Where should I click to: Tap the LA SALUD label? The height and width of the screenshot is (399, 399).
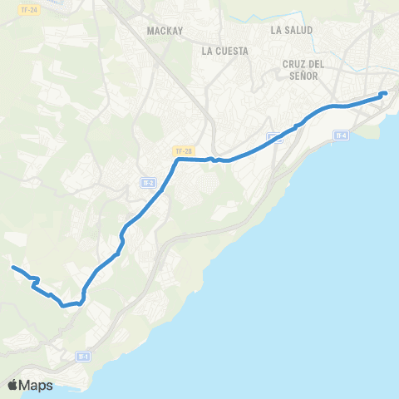click(292, 30)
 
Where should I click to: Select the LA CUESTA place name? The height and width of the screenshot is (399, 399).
click(225, 51)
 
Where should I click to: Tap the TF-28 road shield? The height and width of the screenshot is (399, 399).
click(184, 151)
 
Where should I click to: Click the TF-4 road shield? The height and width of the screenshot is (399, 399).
click(340, 135)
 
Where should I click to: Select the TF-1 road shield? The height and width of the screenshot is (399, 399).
click(82, 357)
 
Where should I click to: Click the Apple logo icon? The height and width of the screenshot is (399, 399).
click(13, 385)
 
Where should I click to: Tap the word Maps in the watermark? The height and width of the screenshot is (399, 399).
click(37, 385)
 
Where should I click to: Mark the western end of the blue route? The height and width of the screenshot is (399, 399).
click(12, 267)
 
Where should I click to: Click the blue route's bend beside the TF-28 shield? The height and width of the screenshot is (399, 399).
click(176, 161)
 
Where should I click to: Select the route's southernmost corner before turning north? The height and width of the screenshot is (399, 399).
click(64, 305)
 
